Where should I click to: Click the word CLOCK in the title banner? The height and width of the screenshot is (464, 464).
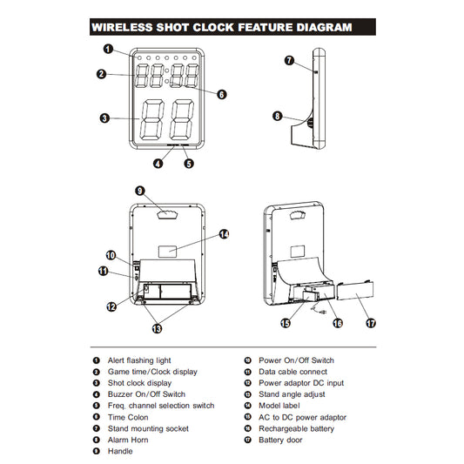213,27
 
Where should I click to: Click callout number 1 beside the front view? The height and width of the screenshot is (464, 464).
108,49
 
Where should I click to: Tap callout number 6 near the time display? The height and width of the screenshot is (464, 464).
222,94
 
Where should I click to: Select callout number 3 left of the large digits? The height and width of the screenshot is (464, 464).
104,118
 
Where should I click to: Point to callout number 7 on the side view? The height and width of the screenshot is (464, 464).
289,60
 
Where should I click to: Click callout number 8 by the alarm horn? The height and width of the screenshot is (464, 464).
278,116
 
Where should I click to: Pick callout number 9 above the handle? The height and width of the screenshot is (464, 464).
140,191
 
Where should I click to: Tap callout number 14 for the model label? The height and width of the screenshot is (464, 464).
224,234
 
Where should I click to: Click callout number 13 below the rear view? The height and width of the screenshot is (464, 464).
157,328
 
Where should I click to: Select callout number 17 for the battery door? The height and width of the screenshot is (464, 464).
371,323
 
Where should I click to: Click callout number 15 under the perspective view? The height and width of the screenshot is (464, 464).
286,323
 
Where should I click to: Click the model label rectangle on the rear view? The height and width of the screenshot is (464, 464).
167,252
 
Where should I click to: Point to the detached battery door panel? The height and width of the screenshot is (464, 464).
355,290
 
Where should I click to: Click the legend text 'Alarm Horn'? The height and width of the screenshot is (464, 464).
128,440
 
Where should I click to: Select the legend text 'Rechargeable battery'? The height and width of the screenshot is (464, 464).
296,428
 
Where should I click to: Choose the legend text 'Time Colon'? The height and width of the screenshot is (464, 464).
128,417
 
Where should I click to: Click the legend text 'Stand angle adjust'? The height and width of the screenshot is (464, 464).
292,394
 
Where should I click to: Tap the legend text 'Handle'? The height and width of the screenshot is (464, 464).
120,451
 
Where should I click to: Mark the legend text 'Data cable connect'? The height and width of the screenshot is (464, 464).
293,372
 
